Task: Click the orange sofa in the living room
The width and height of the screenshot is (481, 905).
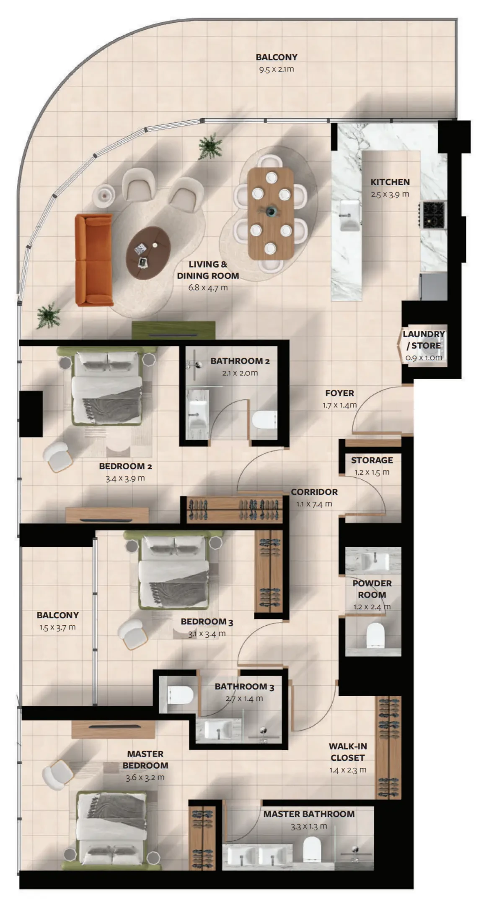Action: [x=94, y=260]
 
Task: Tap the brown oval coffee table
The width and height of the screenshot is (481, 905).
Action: [x=149, y=252]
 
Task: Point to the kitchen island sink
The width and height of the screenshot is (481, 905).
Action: [x=350, y=215]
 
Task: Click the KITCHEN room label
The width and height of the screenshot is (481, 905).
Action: [x=390, y=182]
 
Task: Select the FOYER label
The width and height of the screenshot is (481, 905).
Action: [x=339, y=393]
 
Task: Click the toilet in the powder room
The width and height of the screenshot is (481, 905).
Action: [x=375, y=635]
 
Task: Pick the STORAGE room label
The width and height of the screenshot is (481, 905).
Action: [x=372, y=460]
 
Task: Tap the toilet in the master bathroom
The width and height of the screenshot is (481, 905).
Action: [x=312, y=848]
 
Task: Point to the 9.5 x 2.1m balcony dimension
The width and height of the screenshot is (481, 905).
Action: [x=277, y=69]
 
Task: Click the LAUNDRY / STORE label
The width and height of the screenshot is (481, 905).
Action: [x=424, y=340]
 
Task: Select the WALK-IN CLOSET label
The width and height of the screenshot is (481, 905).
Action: [x=348, y=752]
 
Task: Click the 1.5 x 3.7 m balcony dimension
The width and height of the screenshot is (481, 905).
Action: [x=58, y=627]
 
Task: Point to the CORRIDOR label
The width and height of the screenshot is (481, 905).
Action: [x=314, y=492]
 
